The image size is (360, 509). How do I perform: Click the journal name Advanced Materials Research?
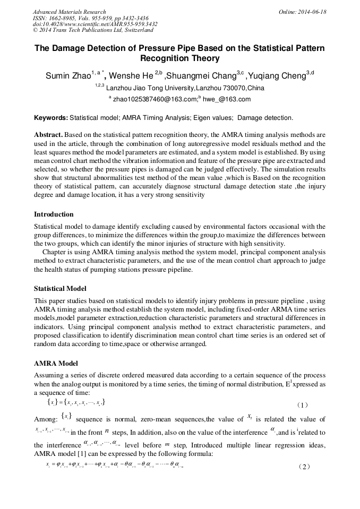69,12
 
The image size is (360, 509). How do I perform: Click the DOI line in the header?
95,24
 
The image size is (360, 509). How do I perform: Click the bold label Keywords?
51,117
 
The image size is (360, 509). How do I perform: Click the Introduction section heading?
54,214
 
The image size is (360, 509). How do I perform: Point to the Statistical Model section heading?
60,289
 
